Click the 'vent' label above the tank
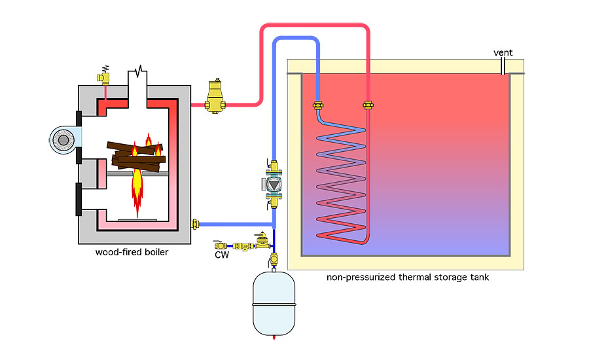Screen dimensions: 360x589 pyautogui.click(x=504, y=53)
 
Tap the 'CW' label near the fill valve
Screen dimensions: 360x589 pyautogui.click(x=222, y=255)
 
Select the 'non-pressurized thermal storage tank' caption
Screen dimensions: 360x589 pyautogui.click(x=408, y=278)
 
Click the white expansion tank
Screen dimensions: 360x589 pyautogui.click(x=274, y=305)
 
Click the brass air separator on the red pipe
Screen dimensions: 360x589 pyautogui.click(x=213, y=97)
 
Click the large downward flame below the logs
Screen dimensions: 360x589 pyautogui.click(x=137, y=190)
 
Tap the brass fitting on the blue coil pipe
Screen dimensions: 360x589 pyautogui.click(x=318, y=105)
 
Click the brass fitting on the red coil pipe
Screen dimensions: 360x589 pyautogui.click(x=368, y=105)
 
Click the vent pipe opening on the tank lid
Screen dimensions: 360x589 pyautogui.click(x=505, y=67)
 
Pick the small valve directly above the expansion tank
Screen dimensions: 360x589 pyautogui.click(x=274, y=261)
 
